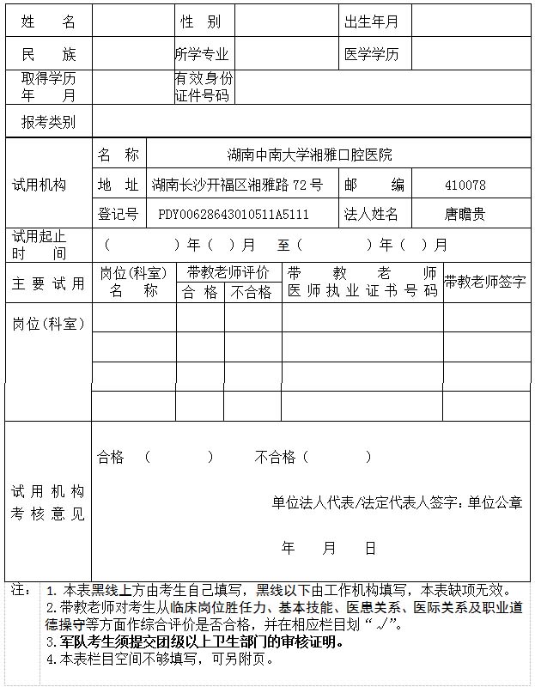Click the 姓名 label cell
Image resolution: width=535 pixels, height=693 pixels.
coord(48,21)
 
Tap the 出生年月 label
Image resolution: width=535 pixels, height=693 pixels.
coord(371,21)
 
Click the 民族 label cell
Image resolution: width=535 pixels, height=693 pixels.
coord(48,55)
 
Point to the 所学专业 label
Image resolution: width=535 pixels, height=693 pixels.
coord(204,55)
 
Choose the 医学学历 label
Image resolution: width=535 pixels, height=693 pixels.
coord(372,55)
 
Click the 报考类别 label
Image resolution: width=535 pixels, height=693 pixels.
coord(48,122)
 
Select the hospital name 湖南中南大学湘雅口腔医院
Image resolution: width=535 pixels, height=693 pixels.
coord(309,155)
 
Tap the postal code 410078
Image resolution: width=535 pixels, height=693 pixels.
coord(465,185)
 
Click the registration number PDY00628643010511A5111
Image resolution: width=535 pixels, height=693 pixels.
coord(234,214)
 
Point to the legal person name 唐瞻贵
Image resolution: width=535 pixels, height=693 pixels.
coord(465,214)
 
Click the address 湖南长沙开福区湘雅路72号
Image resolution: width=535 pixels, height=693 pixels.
coord(237,185)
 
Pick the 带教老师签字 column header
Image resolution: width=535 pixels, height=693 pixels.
coord(485,281)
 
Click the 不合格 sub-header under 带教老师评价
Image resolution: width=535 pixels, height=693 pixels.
coord(252,292)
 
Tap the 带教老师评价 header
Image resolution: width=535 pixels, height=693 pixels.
coord(228,272)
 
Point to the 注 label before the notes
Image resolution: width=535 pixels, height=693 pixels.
coord(20,590)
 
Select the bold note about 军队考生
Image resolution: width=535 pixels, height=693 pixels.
coord(195,641)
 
